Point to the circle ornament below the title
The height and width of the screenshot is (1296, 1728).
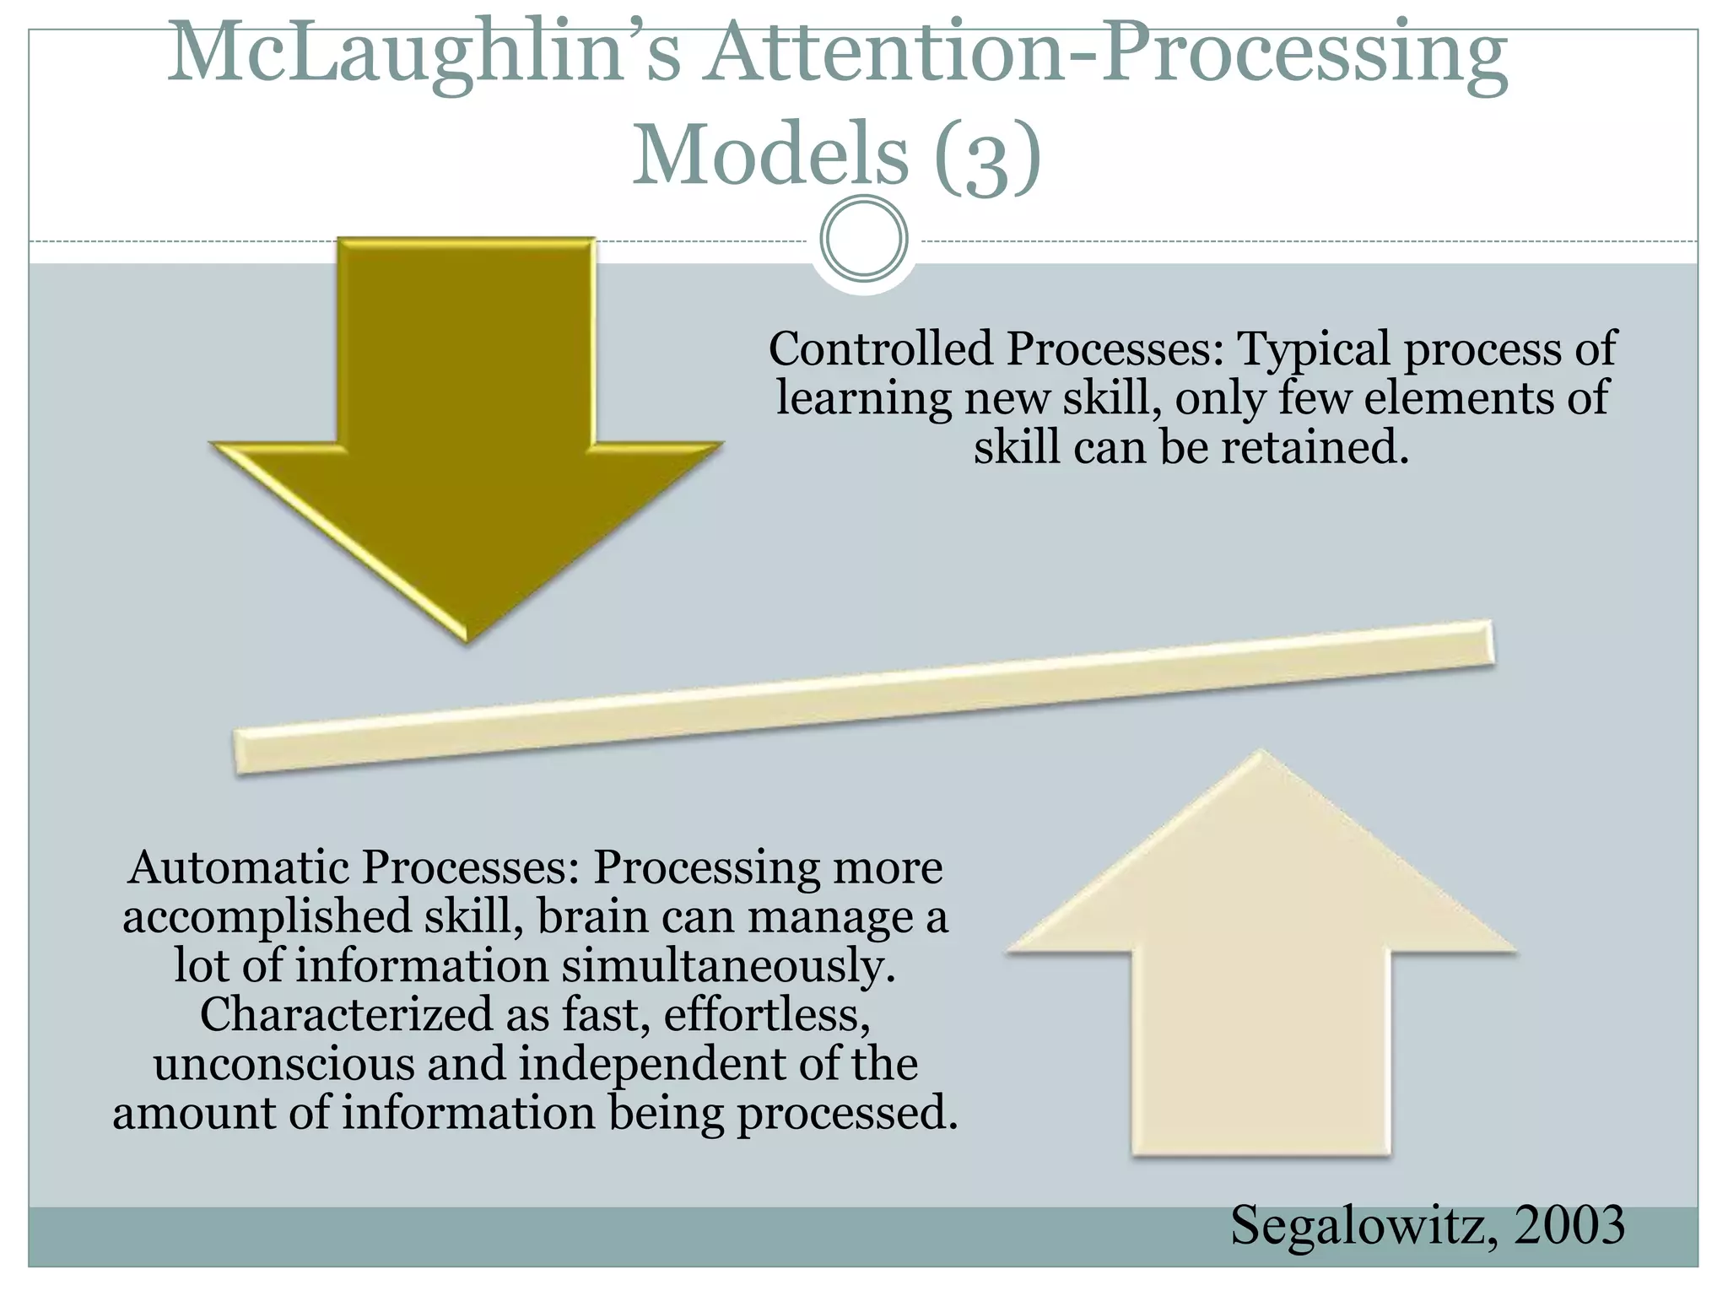coord(864,239)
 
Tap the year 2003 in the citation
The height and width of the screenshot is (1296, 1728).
coord(1569,1225)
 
